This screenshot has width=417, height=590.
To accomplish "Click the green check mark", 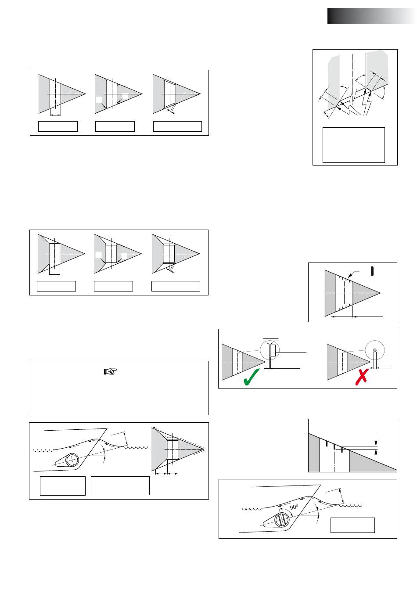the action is (x=252, y=377).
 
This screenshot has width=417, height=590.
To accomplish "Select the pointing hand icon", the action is (x=110, y=371).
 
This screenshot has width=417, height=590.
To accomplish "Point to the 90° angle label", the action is (x=294, y=507).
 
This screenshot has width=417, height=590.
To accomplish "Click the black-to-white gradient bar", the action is (x=372, y=16).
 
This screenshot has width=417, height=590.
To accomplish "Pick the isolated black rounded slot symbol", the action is (x=372, y=271).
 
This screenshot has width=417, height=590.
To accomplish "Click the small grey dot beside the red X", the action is (x=374, y=350).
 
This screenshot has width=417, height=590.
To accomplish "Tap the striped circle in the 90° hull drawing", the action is (x=282, y=520).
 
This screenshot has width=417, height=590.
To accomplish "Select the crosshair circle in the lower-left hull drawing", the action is (x=72, y=460).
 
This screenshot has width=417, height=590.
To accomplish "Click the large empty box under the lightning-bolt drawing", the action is (x=353, y=145).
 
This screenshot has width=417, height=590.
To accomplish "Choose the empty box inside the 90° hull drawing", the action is (x=352, y=525).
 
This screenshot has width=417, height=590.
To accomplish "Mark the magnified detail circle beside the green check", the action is (x=270, y=350).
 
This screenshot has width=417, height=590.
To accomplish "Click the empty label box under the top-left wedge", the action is (x=58, y=126).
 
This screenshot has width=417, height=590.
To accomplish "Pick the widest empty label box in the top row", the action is (x=177, y=126).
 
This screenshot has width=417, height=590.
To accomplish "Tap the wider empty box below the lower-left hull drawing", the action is (x=120, y=486).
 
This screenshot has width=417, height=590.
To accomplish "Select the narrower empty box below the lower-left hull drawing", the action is (x=63, y=486).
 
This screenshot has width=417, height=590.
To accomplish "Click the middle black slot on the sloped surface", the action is (x=334, y=446).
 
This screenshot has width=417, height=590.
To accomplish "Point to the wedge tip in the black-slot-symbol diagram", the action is (x=381, y=293).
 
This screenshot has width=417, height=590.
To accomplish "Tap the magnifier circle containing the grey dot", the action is (x=374, y=350).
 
